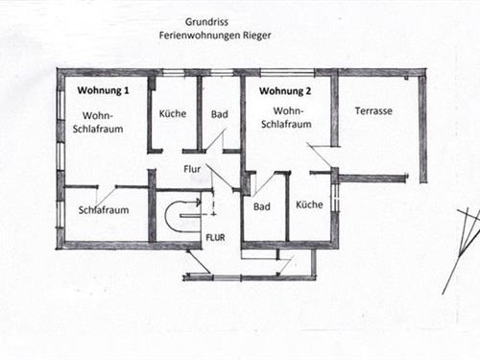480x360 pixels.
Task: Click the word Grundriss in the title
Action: (x=207, y=20)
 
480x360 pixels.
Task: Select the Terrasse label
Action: (x=373, y=111)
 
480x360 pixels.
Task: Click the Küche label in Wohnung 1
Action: (x=173, y=113)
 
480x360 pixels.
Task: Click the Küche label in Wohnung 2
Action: (x=309, y=204)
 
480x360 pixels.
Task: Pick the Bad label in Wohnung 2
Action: (x=261, y=206)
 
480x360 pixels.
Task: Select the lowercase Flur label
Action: (x=193, y=171)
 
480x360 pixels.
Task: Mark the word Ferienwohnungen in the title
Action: (x=200, y=35)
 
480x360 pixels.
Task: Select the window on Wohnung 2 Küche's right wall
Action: (x=335, y=198)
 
